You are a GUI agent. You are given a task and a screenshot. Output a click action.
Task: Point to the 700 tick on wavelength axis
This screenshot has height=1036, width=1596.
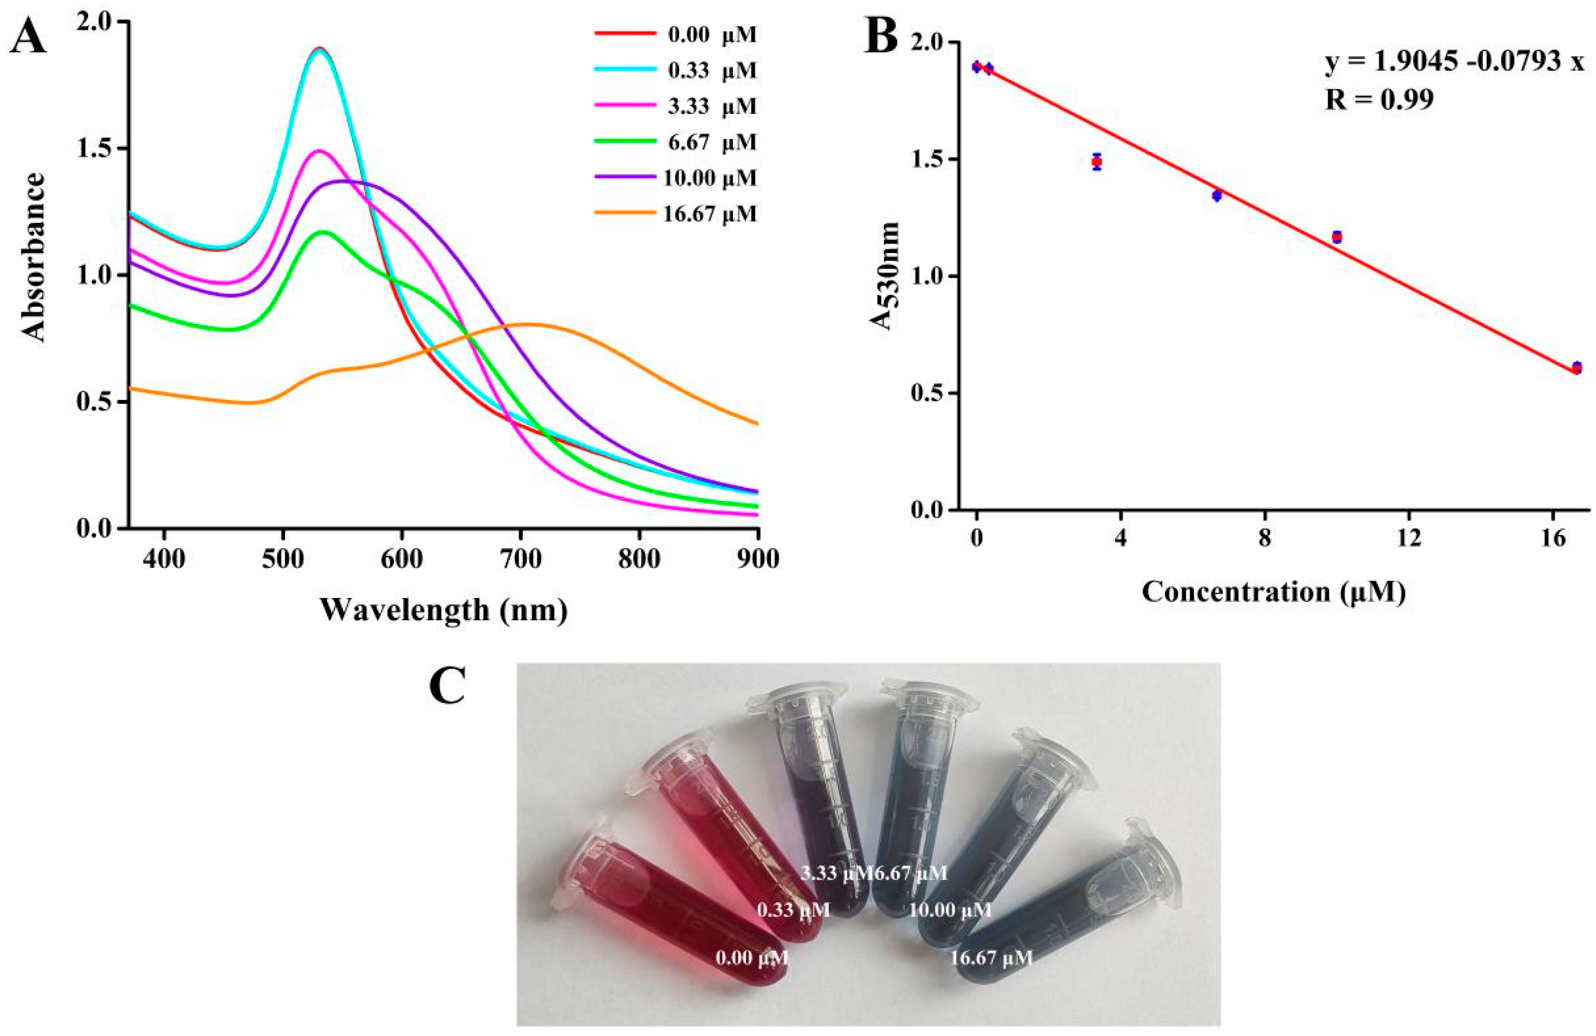[x=520, y=558]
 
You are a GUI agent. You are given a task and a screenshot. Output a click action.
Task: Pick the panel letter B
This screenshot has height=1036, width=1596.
[x=880, y=37]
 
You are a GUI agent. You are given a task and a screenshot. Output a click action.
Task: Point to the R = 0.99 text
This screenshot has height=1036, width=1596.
[x=1379, y=100]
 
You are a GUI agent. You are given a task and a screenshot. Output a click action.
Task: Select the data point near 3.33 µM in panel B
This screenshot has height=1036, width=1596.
[x=1097, y=162]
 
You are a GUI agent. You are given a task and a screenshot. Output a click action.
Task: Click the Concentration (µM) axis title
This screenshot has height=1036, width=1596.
[x=1273, y=592]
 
